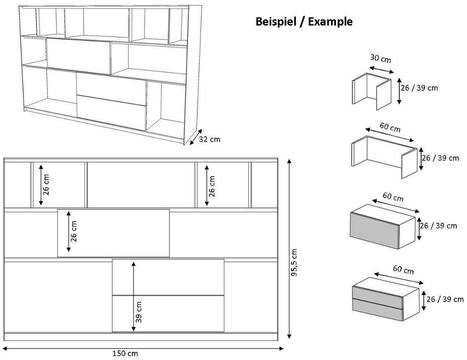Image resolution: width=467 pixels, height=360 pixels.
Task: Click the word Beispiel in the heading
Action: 276,22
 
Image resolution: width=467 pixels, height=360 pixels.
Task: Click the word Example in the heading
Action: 330,22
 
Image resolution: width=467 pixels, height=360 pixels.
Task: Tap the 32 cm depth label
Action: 209,139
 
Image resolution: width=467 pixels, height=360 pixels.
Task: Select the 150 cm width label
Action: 125,353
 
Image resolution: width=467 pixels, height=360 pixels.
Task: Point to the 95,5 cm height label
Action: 293,263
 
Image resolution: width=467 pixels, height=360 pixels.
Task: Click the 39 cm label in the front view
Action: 139,311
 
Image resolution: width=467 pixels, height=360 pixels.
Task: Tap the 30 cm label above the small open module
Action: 380,59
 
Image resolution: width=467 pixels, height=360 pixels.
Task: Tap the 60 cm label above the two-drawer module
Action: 403,270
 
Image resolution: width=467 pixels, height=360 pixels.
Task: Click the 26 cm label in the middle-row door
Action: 73,231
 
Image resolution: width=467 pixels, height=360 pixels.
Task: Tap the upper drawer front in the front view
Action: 168,277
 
